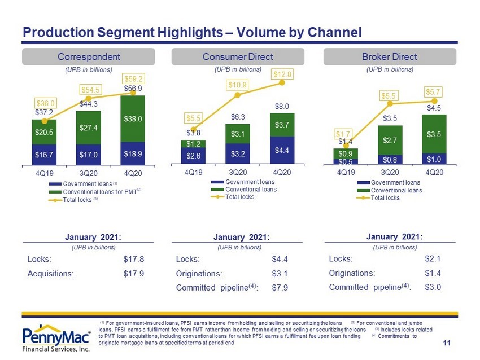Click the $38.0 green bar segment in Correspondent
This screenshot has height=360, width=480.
(x=133, y=118)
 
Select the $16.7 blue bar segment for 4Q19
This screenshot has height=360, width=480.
(x=44, y=155)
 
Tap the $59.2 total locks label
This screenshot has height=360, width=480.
(x=133, y=79)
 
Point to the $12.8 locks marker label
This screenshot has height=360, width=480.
(x=282, y=74)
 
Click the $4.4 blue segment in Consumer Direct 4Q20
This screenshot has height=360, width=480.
(x=282, y=150)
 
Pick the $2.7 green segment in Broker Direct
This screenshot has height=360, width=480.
(x=390, y=141)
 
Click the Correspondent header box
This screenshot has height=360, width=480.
(x=89, y=56)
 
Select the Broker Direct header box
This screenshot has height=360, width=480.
(x=390, y=56)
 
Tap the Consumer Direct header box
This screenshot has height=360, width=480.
(x=238, y=56)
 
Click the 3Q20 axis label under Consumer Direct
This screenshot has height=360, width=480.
(x=238, y=173)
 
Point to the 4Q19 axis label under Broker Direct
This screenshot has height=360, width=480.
(x=346, y=173)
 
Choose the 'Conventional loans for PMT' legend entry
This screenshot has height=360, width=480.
(x=95, y=192)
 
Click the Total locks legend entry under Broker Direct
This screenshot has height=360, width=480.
(x=378, y=198)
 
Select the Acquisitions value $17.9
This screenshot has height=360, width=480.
(x=133, y=274)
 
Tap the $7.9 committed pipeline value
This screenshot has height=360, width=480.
(x=280, y=288)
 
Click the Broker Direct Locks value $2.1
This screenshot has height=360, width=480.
(x=433, y=259)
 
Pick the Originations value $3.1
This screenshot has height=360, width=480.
(x=280, y=274)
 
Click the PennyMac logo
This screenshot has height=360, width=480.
(x=56, y=338)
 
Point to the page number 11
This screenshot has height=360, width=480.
(x=447, y=343)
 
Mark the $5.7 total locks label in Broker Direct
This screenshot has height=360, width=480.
(x=433, y=92)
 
